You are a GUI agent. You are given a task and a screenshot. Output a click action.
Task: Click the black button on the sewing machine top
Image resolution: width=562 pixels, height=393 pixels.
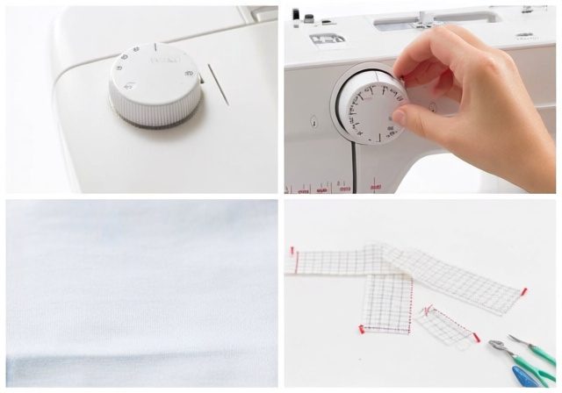296,15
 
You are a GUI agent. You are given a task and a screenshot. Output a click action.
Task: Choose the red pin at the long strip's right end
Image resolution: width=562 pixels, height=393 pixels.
524,291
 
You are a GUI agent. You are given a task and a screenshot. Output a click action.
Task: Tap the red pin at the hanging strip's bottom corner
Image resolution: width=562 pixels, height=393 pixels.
362,329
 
